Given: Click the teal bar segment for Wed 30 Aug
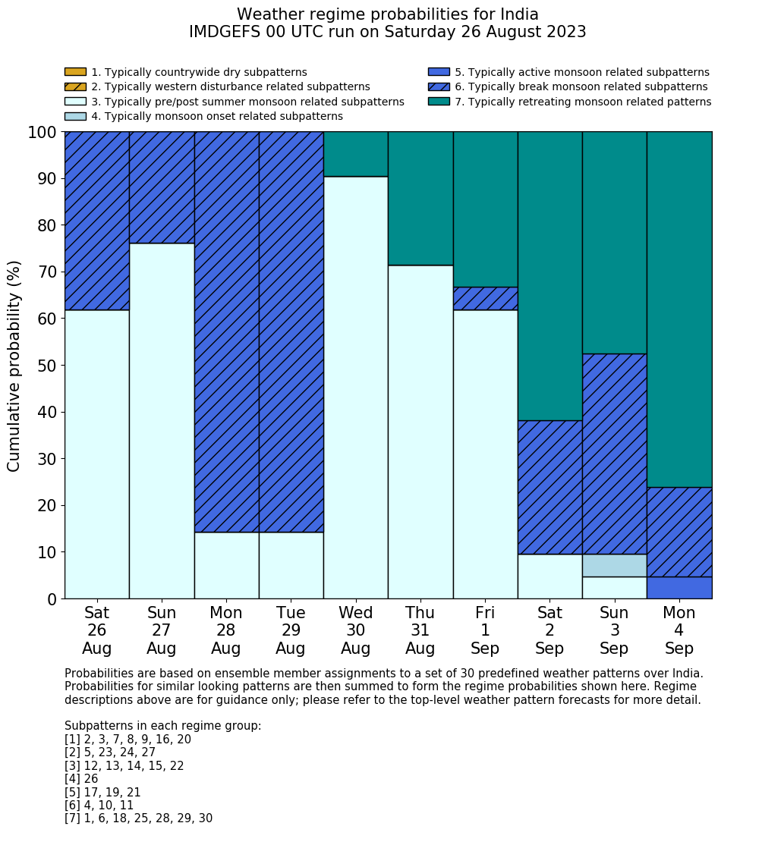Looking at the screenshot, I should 356,154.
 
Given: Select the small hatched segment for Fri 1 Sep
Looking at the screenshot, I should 485,298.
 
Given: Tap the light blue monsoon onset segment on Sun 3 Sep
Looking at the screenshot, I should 614,565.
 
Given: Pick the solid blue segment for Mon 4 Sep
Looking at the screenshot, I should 679,588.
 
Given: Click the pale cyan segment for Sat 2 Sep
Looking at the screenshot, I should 549,576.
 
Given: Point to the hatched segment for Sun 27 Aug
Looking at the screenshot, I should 162,187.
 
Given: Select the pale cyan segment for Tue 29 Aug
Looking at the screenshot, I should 291,565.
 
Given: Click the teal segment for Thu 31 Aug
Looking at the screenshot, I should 420,198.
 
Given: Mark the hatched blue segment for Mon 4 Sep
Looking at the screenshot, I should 679,532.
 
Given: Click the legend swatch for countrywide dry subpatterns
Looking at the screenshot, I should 75,72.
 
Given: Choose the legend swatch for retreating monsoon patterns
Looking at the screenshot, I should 439,102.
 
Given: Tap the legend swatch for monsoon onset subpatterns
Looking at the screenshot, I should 75,116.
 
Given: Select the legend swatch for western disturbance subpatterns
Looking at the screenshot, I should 75,86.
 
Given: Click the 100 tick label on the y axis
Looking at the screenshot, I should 42,132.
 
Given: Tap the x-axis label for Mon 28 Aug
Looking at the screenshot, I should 226,630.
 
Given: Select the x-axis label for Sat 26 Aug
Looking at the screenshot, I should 97,630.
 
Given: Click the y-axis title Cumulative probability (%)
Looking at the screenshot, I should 14,366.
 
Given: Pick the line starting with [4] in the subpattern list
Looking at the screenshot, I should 81,779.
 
